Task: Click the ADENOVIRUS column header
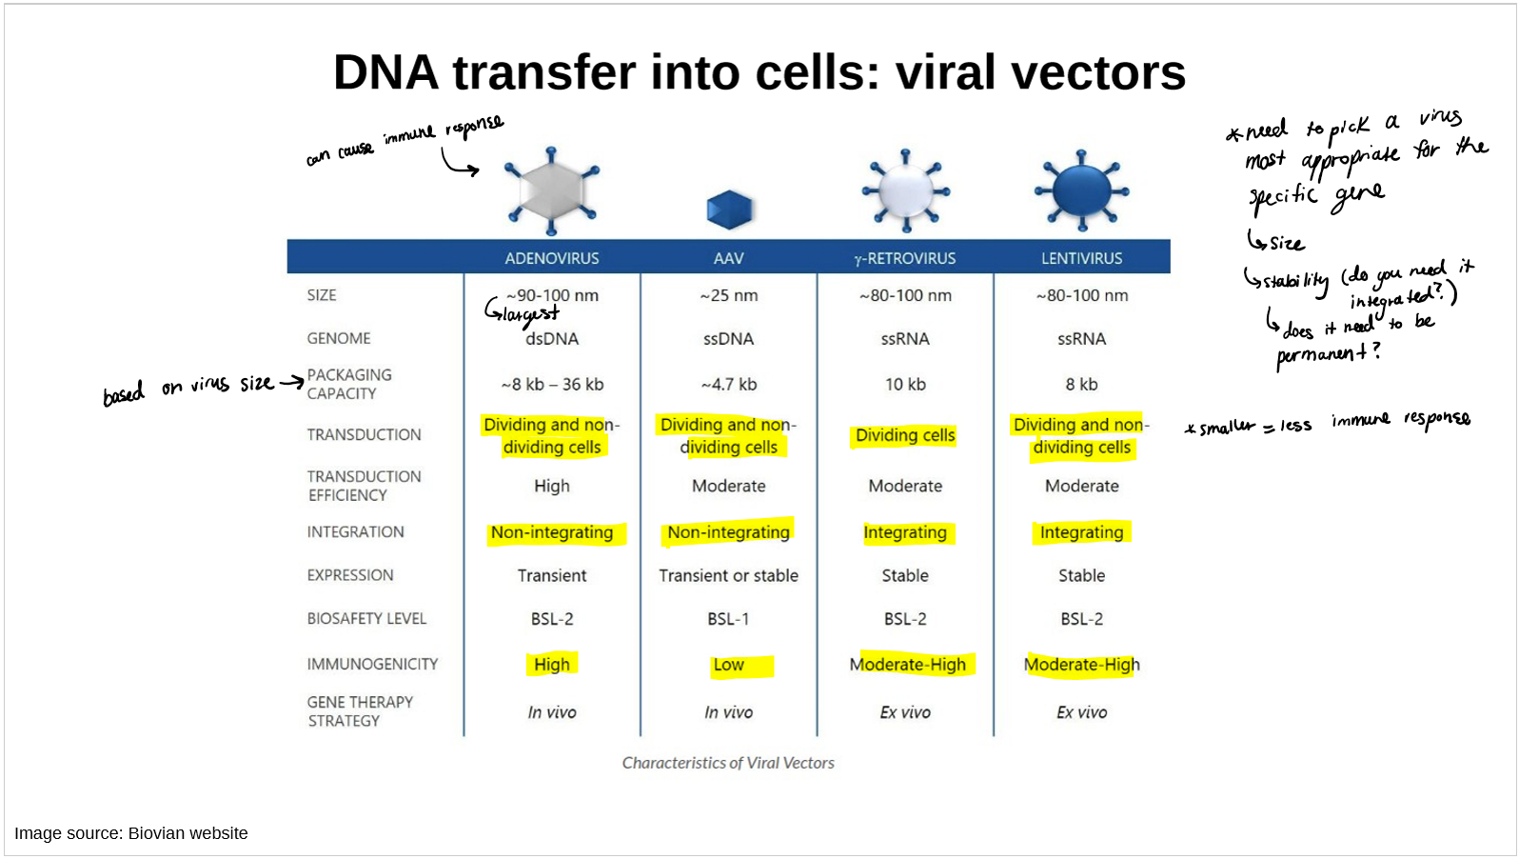pyautogui.click(x=552, y=258)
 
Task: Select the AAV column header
pyautogui.click(x=728, y=258)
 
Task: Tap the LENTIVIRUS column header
pyautogui.click(x=1081, y=258)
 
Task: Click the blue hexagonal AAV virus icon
pyautogui.click(x=729, y=210)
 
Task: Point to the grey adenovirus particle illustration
pyautogui.click(x=551, y=190)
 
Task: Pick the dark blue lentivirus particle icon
pyautogui.click(x=1081, y=190)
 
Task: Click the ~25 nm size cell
pyautogui.click(x=728, y=295)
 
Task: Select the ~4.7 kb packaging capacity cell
pyautogui.click(x=728, y=385)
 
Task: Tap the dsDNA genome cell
pyautogui.click(x=552, y=339)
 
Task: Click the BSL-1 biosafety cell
pyautogui.click(x=728, y=619)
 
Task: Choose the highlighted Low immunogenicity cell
pyautogui.click(x=729, y=665)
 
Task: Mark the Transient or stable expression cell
pyautogui.click(x=728, y=575)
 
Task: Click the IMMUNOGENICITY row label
pyautogui.click(x=372, y=664)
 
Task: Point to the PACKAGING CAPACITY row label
pyautogui.click(x=348, y=384)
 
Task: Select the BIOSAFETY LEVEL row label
pyautogui.click(x=366, y=619)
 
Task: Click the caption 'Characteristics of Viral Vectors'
pyautogui.click(x=728, y=763)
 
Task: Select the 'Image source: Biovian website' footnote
pyautogui.click(x=131, y=833)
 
